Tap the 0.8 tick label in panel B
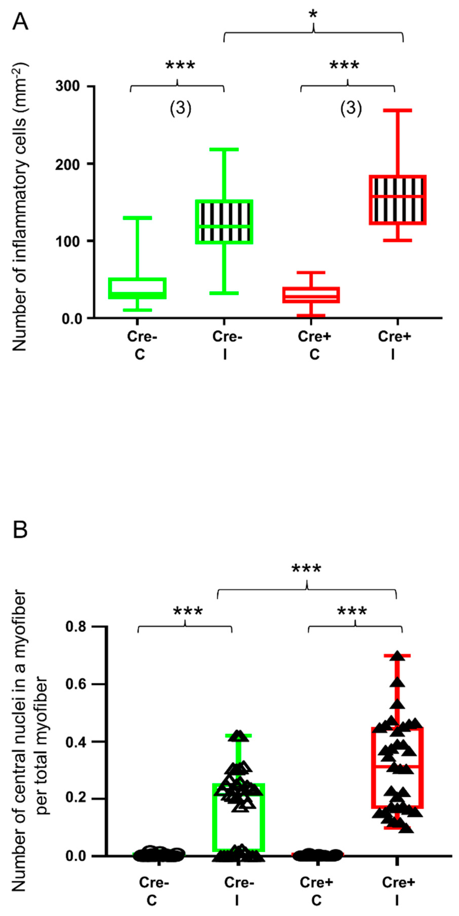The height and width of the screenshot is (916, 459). click(x=76, y=626)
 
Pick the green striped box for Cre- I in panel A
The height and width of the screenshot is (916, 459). click(x=224, y=222)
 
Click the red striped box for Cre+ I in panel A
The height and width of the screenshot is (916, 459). click(x=397, y=200)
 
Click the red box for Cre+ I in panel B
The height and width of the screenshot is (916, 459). click(x=397, y=768)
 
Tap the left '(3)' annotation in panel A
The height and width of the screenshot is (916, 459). click(x=180, y=108)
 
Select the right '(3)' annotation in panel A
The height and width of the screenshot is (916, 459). click(x=351, y=108)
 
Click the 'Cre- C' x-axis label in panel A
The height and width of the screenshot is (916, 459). click(x=141, y=345)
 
